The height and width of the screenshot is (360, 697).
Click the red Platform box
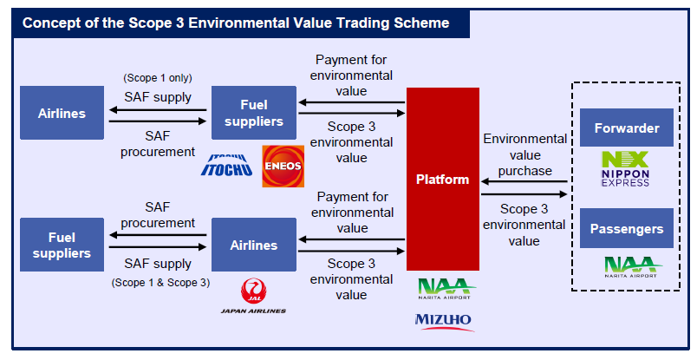coord(442,180)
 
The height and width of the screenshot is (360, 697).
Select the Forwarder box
coord(627,128)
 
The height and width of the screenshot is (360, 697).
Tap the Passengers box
coord(627,229)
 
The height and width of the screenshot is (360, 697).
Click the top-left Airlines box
coord(62,114)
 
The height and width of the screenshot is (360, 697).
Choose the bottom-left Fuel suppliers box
coord(62,245)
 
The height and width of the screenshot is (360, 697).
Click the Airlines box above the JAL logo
coord(253,245)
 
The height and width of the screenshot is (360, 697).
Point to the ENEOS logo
coord(283,165)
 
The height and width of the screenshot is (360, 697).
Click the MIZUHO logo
coord(444,321)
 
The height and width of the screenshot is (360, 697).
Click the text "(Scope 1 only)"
coord(159,78)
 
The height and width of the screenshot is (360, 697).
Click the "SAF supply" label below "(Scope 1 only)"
coord(159,96)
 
